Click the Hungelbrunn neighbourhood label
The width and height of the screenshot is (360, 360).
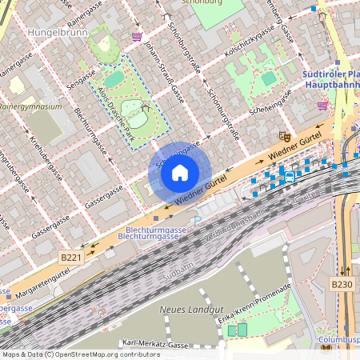point(57,33)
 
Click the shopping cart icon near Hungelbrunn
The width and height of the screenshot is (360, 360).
point(137,37)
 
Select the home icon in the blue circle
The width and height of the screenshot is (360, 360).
point(180,173)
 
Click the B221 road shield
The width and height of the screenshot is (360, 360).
point(70,257)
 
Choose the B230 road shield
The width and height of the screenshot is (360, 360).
point(342,283)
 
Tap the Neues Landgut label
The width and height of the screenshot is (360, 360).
point(187,310)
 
